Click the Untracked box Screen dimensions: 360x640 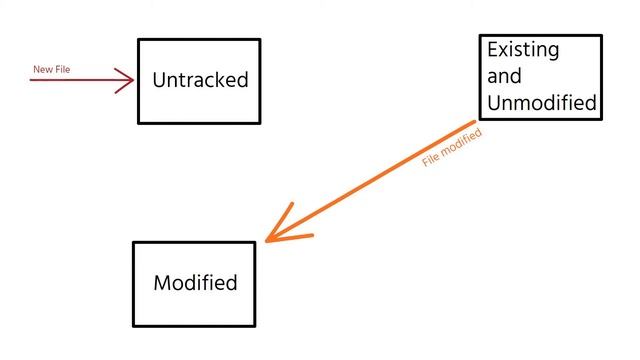pyautogui.click(x=199, y=81)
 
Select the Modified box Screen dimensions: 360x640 pyautogui.click(x=195, y=283)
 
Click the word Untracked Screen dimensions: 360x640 pyautogui.click(x=200, y=80)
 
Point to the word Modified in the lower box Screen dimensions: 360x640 pyautogui.click(x=195, y=283)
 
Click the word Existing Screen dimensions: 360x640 pyautogui.click(x=522, y=50)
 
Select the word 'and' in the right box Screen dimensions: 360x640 pyautogui.click(x=504, y=76)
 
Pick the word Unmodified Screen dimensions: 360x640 pyautogui.click(x=542, y=102)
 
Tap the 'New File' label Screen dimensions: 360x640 pyautogui.click(x=52, y=69)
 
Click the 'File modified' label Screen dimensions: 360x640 pyautogui.click(x=452, y=146)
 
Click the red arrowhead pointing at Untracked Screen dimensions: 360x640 pyautogui.click(x=127, y=80)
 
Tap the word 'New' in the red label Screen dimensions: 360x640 pyautogui.click(x=43, y=69)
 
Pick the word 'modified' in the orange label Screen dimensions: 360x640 pyautogui.click(x=462, y=140)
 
